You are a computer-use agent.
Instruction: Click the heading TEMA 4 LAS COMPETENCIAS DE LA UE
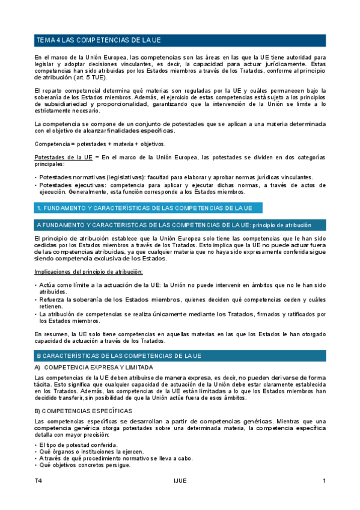pos(99,40)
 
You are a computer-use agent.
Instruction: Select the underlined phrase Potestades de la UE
pos(63,157)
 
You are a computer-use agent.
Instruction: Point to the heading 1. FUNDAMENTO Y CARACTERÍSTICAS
pos(144,208)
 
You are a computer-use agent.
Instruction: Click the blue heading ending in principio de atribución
pos(174,225)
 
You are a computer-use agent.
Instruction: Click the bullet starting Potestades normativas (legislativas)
pos(174,177)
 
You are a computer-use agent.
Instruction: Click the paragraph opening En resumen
pos(180,337)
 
